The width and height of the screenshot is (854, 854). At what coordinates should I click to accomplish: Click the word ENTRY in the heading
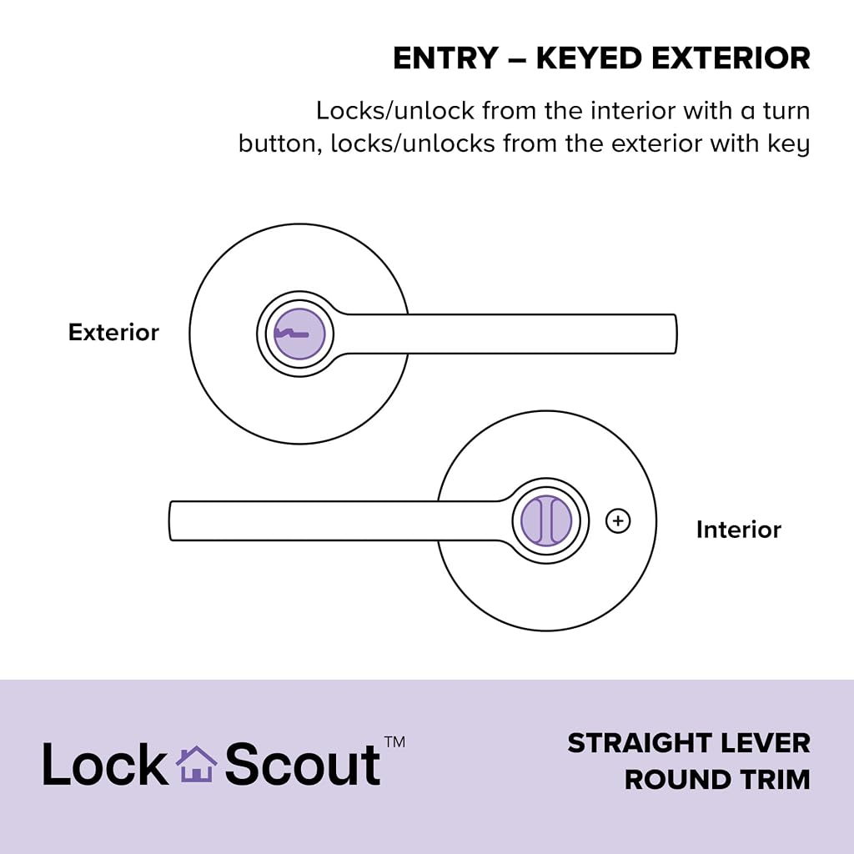(x=445, y=58)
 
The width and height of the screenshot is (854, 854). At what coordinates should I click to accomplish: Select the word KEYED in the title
(x=590, y=58)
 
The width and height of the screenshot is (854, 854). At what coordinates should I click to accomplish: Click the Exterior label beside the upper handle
(x=113, y=332)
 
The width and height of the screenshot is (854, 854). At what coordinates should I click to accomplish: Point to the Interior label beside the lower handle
(x=739, y=530)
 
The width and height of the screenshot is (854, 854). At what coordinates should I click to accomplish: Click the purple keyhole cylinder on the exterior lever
(x=299, y=334)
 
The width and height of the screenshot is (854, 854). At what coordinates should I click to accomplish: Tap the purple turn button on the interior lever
(x=546, y=520)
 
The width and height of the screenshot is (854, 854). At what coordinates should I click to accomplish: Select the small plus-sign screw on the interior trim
(x=618, y=520)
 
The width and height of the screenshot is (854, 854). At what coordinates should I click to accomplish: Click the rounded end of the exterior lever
(x=674, y=334)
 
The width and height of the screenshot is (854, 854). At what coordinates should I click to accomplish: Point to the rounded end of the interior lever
(x=172, y=520)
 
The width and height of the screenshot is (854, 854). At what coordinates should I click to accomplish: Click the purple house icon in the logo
(x=197, y=764)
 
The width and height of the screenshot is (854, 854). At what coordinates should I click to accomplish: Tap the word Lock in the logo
(x=106, y=764)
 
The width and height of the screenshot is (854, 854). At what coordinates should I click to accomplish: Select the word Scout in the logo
(x=303, y=764)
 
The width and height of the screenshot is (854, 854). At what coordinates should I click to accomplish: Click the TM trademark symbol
(x=394, y=742)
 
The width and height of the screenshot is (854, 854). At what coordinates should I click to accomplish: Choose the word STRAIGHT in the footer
(x=640, y=743)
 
